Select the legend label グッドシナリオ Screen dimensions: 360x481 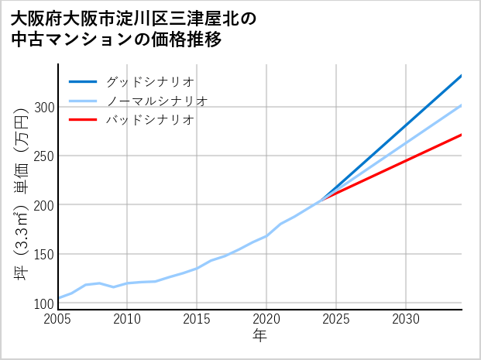click(149, 81)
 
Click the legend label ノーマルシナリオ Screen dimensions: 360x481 click(156, 101)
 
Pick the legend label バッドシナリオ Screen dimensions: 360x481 click(149, 120)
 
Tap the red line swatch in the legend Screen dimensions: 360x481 click(83, 120)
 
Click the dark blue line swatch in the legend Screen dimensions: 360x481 click(83, 81)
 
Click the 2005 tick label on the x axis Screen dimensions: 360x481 click(58, 319)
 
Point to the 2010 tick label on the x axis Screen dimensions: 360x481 click(128, 319)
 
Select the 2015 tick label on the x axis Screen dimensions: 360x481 click(197, 319)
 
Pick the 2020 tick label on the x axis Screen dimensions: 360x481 click(266, 319)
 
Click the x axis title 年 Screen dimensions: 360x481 click(260, 336)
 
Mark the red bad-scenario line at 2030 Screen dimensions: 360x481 click(406, 160)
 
